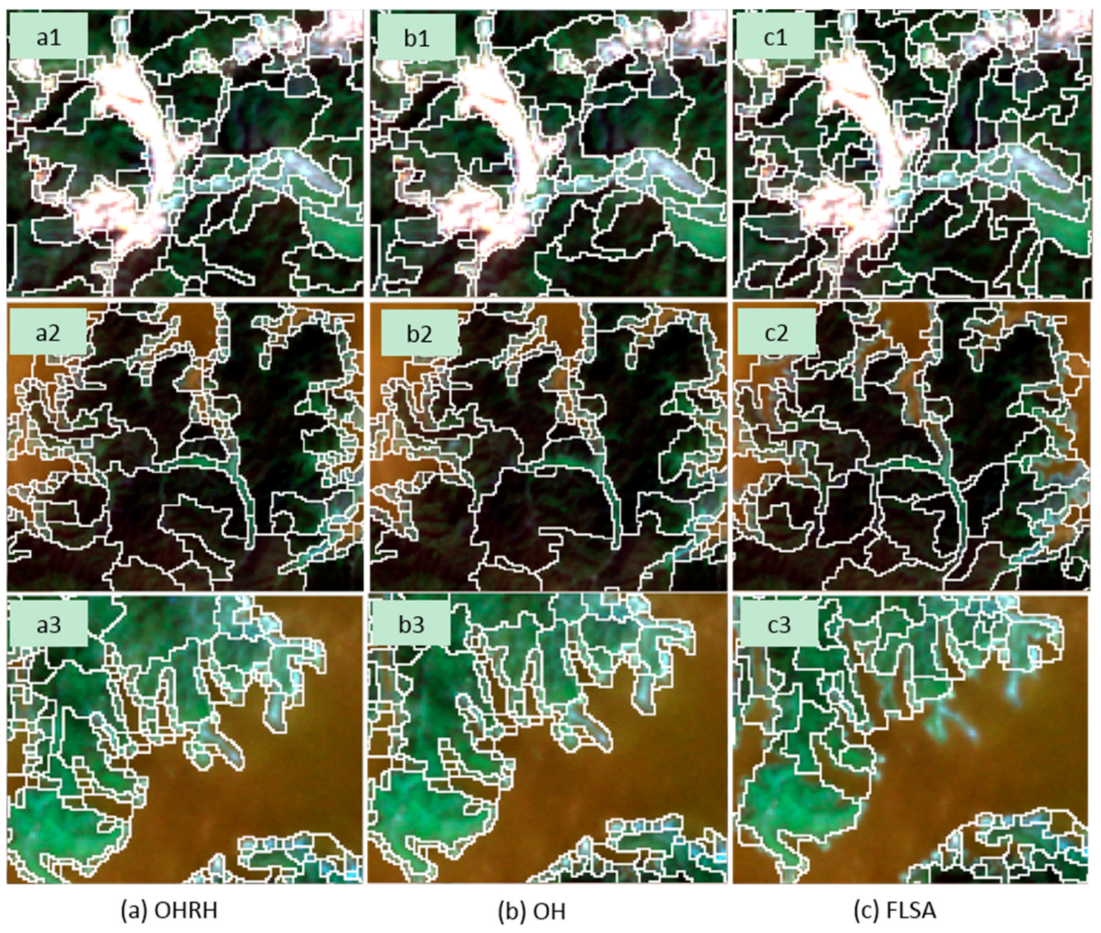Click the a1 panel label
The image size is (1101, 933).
click(48, 37)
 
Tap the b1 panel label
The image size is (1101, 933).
click(416, 37)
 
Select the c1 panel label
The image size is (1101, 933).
click(775, 37)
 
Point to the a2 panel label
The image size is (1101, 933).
click(48, 333)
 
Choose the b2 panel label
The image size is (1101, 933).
click(419, 333)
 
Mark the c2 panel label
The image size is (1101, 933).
click(776, 333)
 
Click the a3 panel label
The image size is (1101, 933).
click(48, 624)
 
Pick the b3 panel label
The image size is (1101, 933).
click(411, 624)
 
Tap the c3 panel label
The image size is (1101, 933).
click(779, 624)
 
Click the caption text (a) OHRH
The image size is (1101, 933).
click(169, 911)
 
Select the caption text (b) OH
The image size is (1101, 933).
click(531, 911)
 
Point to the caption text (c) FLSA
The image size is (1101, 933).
click(895, 911)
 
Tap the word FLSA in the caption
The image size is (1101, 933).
click(911, 911)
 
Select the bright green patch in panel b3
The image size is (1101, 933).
click(420, 827)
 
